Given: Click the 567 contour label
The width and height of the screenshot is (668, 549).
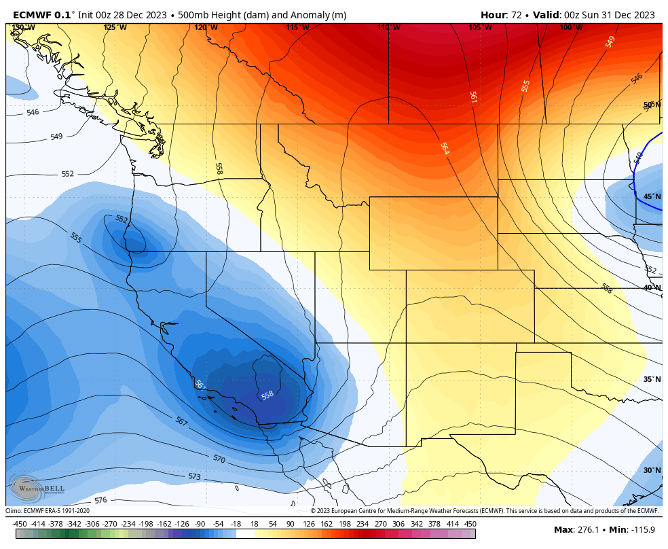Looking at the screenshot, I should tap(181, 422).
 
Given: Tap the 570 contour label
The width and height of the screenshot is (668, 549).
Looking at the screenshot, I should tap(219, 459).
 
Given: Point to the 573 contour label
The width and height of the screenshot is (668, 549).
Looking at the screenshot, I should tap(195, 477).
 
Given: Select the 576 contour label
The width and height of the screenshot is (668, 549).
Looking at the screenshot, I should tap(100, 500).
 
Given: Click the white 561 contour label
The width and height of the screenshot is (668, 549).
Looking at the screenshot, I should tap(473, 97).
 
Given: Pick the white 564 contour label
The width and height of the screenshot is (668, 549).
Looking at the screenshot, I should tap(445, 148).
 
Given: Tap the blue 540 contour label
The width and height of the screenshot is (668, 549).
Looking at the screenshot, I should tap(637, 158).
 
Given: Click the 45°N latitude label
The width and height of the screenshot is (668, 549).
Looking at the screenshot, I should tap(652, 197).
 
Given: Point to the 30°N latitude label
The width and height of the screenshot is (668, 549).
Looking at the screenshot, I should tap(652, 470).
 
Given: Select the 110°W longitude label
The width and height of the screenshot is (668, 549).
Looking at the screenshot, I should tap(388, 27).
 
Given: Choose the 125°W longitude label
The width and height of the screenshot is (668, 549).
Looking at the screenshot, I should tap(115, 27).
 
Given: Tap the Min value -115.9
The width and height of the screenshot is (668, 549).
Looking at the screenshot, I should tap(641, 529).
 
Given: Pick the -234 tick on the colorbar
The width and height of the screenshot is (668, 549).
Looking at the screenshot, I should tap(128, 524).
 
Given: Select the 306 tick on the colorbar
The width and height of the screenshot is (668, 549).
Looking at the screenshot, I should tap(398, 524).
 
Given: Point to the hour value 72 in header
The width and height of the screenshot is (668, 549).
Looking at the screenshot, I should tap(518, 15).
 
